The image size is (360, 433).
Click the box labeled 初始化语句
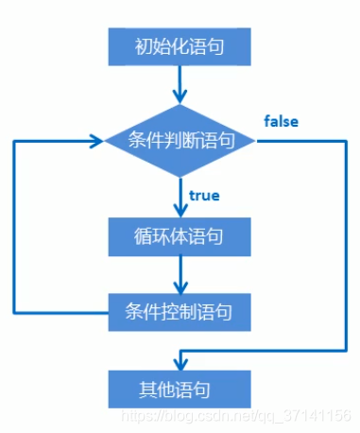180,43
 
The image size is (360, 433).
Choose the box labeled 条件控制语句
180,309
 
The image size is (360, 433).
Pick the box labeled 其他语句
180,388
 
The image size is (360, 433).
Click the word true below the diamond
204,196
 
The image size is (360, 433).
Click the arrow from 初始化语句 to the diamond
180,83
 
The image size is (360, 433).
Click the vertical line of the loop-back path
14,227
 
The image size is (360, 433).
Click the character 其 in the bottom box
151,388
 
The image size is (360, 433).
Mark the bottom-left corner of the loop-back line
14,310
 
